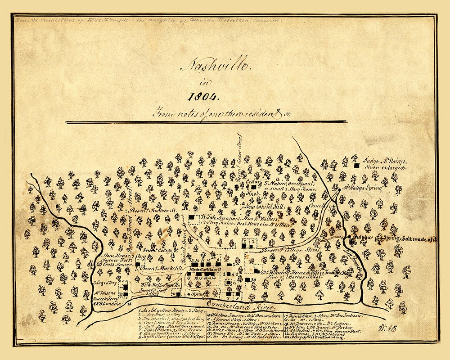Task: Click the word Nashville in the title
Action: [215, 66]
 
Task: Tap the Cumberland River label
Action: [240, 306]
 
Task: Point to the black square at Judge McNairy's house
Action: [356, 166]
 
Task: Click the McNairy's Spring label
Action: [363, 186]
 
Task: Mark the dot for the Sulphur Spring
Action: [350, 236]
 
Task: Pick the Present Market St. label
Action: [157, 269]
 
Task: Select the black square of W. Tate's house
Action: [191, 217]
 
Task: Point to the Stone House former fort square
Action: [138, 265]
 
